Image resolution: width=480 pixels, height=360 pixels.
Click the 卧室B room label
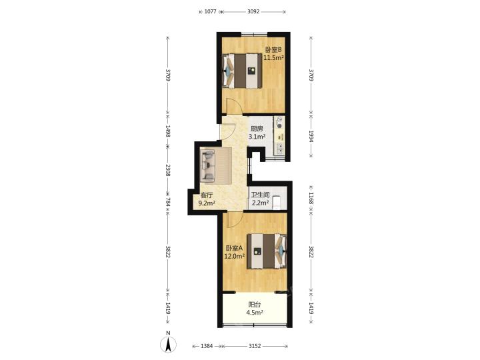tap(273, 49)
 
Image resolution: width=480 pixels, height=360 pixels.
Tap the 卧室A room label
tap(235, 248)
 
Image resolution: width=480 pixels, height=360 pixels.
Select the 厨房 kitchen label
tap(257, 129)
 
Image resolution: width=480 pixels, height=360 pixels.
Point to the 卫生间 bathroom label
tap(260, 195)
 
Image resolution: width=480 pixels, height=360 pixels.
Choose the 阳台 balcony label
tap(255, 305)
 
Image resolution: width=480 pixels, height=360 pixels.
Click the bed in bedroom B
tap(242, 71)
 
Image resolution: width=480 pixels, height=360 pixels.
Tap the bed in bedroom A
tap(267, 251)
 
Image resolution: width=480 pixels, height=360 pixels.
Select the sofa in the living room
tap(208, 166)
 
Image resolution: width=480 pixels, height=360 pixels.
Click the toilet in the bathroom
tap(277, 203)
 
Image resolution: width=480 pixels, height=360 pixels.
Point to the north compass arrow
tap(168, 345)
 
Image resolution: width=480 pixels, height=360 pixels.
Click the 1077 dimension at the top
tap(210, 11)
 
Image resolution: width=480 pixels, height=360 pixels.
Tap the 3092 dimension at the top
tap(253, 11)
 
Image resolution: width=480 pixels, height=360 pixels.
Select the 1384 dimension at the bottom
tap(207, 346)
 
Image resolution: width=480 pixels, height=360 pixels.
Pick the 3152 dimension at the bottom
tap(255, 346)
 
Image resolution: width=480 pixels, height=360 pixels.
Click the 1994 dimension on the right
tap(311, 137)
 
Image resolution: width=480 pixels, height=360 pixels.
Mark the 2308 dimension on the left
tap(168, 170)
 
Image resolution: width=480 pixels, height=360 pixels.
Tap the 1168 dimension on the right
tap(311, 199)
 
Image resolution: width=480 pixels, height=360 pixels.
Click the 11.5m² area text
tap(274, 57)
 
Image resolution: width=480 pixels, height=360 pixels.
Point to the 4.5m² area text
tap(255, 313)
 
